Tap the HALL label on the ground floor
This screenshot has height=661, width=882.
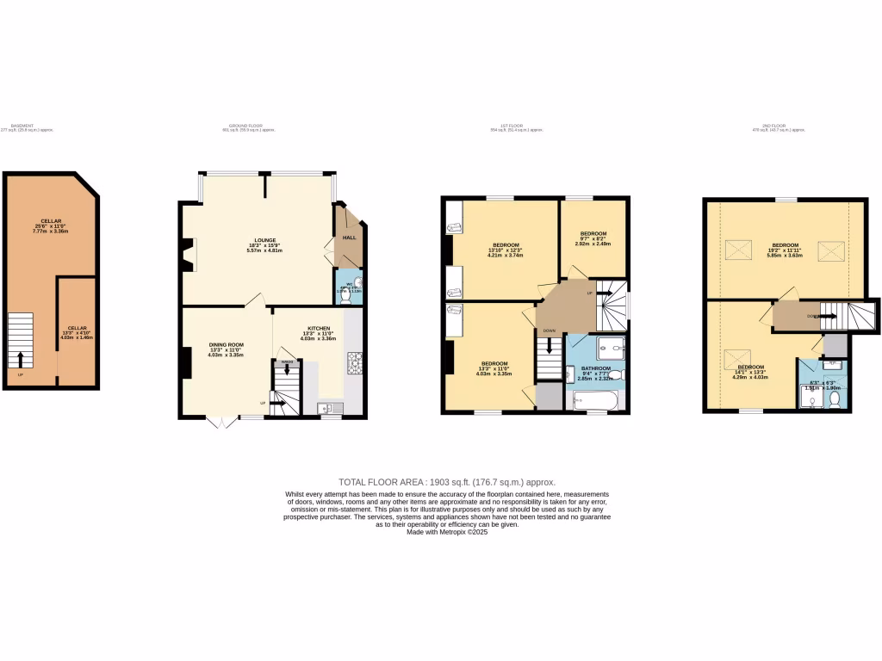[x=350, y=237]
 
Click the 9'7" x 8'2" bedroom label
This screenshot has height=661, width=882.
[x=593, y=238]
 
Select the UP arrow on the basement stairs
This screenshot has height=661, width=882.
[x=21, y=356]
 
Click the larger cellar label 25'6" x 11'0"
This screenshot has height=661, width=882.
[x=50, y=226]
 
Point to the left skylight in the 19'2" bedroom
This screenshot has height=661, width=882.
[x=739, y=250]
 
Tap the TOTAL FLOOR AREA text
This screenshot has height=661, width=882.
[x=446, y=482]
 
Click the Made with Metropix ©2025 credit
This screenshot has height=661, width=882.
[x=446, y=532]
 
